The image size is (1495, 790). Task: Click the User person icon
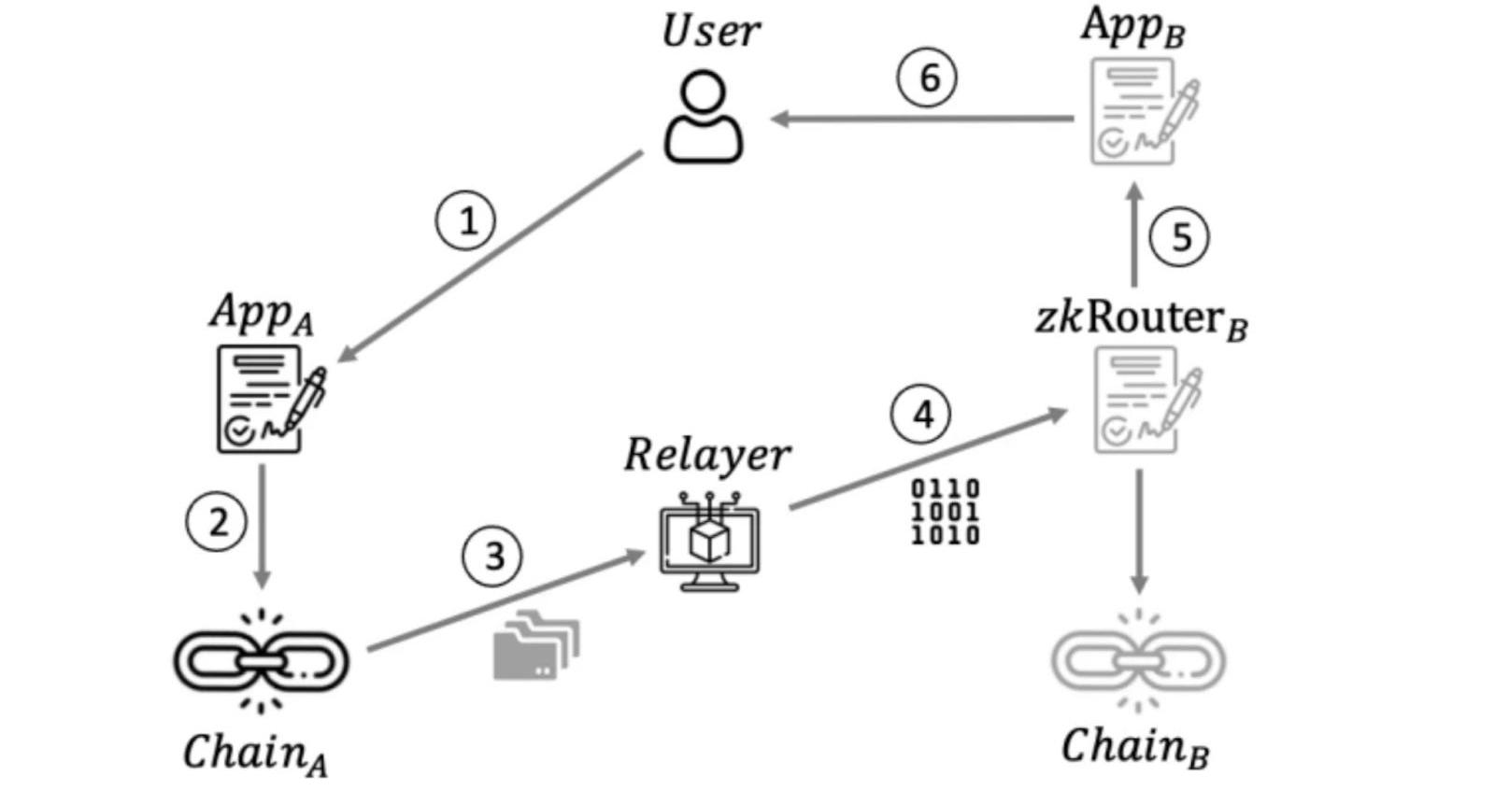[x=704, y=119]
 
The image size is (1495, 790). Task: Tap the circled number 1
[x=465, y=220]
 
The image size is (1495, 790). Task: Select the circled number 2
[x=217, y=521]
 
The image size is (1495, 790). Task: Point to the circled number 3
[x=492, y=557]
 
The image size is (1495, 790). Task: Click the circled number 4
[x=921, y=415]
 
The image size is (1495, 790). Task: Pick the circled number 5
[x=1179, y=237]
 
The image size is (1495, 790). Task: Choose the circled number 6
[x=927, y=78]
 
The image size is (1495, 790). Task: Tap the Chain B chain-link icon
[x=1138, y=660]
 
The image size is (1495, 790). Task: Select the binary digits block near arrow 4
[x=945, y=512]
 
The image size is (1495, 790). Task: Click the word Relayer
[x=706, y=456]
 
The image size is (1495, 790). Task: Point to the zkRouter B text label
[x=1141, y=318]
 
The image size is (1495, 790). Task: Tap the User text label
[x=710, y=31]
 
